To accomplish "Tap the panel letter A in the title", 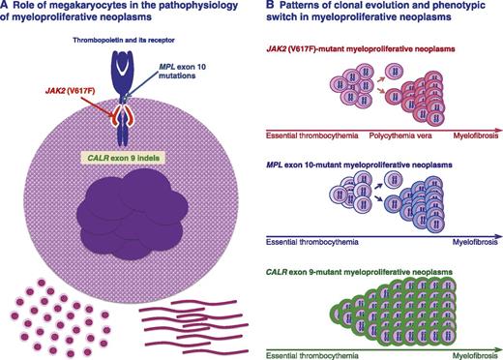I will [x=8, y=10].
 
